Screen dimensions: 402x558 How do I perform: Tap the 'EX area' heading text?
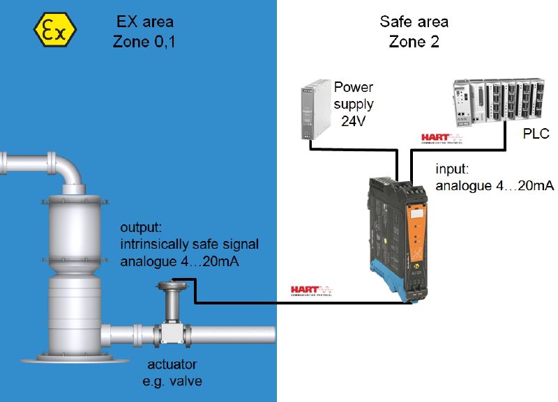click(144, 22)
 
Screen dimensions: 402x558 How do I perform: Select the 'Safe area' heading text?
click(414, 22)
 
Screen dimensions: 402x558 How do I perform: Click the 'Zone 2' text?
click(414, 41)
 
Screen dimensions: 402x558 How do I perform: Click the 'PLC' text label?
click(536, 133)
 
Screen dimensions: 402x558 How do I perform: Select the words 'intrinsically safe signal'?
click(189, 245)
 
